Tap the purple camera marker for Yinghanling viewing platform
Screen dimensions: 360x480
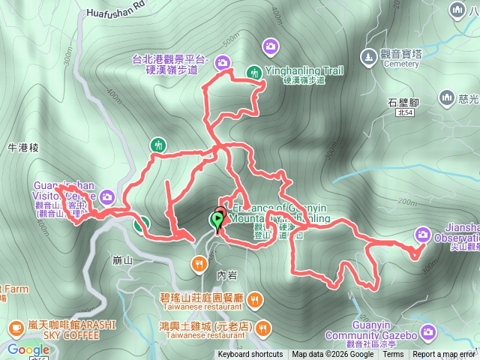click(223, 62)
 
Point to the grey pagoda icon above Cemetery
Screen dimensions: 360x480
click(368, 55)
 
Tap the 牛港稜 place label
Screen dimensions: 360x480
click(23, 148)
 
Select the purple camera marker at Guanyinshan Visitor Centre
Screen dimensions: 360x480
click(107, 197)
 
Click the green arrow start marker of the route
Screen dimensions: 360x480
click(217, 220)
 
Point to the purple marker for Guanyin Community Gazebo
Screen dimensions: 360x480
click(428, 331)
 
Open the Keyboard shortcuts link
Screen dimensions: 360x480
click(250, 355)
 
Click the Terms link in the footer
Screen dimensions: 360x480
click(393, 355)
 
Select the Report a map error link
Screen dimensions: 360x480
click(445, 355)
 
